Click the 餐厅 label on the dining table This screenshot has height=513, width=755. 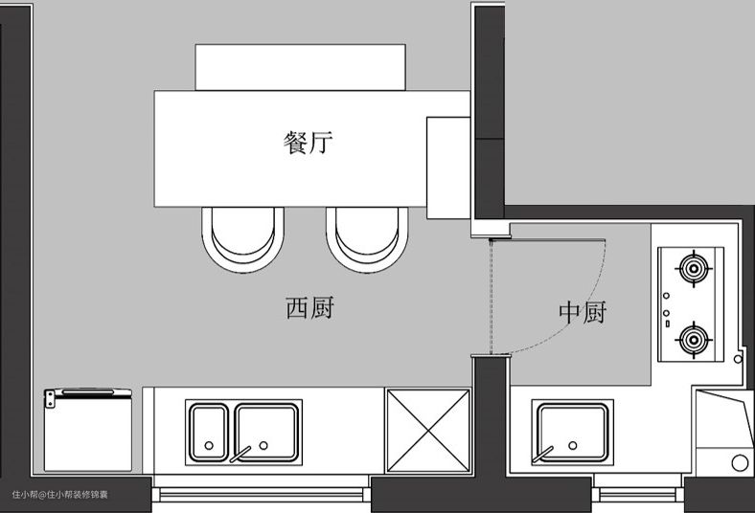pyautogui.click(x=309, y=144)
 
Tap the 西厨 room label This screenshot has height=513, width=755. pyautogui.click(x=309, y=307)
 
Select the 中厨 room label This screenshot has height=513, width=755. pyautogui.click(x=583, y=313)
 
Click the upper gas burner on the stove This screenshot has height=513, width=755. pyautogui.click(x=692, y=269)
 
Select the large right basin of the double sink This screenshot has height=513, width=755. pyautogui.click(x=267, y=429)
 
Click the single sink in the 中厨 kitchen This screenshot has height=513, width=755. pyautogui.click(x=572, y=431)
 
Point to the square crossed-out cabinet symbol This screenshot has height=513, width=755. pyautogui.click(x=427, y=430)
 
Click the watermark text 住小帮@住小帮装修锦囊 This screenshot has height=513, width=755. pyautogui.click(x=60, y=495)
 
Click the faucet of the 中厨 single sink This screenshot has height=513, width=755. pyautogui.click(x=547, y=452)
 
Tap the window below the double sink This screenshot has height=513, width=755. pyautogui.click(x=264, y=494)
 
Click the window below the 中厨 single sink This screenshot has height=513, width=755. pyautogui.click(x=637, y=494)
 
